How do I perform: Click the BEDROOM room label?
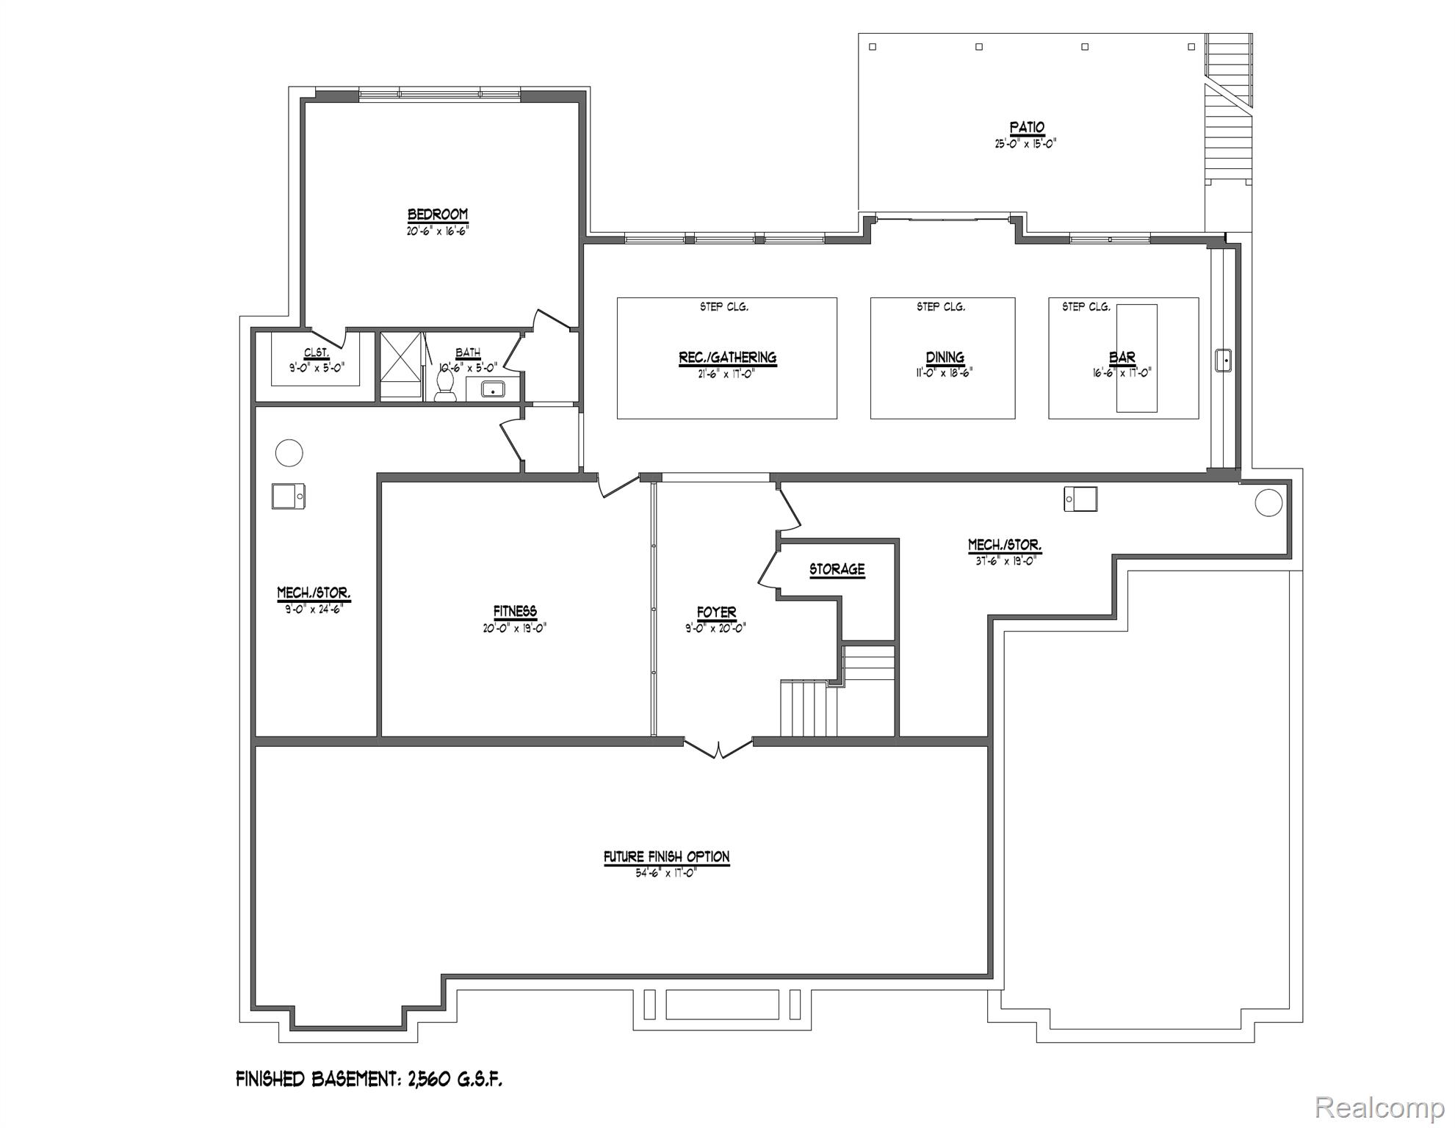[x=438, y=214]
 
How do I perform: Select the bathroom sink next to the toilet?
[x=492, y=388]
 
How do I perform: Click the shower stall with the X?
[x=401, y=365]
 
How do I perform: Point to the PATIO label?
[x=1026, y=128]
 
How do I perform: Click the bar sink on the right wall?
[x=1222, y=361]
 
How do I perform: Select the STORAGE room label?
[x=837, y=569]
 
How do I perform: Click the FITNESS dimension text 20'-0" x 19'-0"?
[x=514, y=628]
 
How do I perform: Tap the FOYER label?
[x=716, y=612]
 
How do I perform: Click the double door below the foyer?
[x=718, y=748]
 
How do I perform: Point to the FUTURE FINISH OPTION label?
[x=666, y=856]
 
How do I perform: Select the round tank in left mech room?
[x=289, y=452]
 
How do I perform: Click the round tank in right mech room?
[x=1268, y=502]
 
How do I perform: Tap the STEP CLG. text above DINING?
[x=940, y=307]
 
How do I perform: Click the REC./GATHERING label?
[x=727, y=358]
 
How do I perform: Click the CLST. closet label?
[x=317, y=353]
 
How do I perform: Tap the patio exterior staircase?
[x=1228, y=110]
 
